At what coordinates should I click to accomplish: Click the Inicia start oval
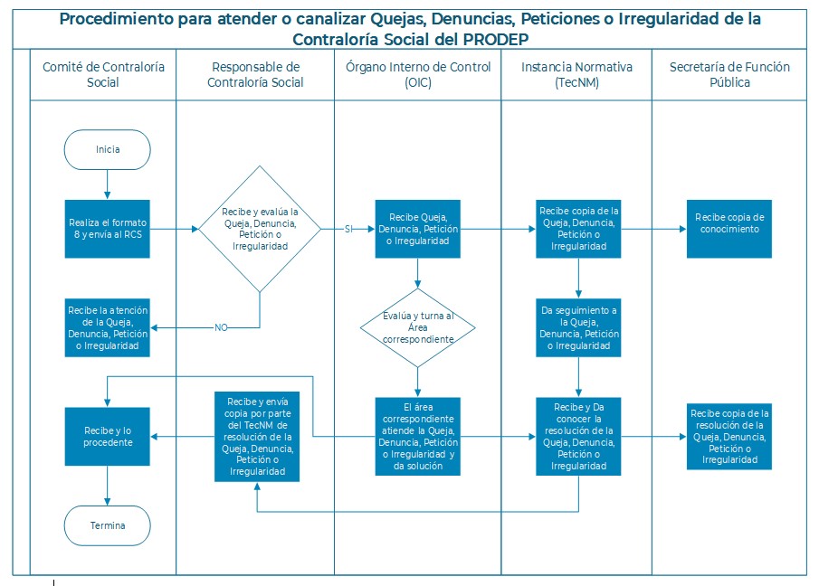[107, 150]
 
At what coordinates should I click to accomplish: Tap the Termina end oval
[107, 525]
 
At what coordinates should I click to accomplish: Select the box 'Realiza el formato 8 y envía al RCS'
[107, 229]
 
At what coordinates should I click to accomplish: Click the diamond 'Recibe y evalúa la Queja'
[260, 229]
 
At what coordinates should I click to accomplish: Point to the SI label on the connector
[348, 229]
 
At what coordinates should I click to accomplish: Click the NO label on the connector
[221, 327]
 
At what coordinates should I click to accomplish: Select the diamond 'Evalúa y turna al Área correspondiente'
[417, 327]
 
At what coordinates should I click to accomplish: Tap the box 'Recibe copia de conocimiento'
[729, 229]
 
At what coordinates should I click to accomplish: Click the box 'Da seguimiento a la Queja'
[578, 327]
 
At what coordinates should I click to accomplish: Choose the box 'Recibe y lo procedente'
[107, 436]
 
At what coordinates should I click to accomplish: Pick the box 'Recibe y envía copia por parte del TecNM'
[257, 436]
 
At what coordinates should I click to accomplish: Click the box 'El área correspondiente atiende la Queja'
[417, 436]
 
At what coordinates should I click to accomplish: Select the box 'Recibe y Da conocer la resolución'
[578, 436]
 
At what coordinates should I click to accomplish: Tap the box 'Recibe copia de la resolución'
[729, 436]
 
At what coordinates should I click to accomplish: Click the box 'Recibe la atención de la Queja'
[107, 327]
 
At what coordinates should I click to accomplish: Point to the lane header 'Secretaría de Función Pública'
[729, 75]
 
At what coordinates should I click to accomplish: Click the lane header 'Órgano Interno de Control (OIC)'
[418, 75]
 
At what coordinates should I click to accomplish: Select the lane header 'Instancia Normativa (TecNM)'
[576, 75]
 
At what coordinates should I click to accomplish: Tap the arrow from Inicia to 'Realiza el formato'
[107, 184]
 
